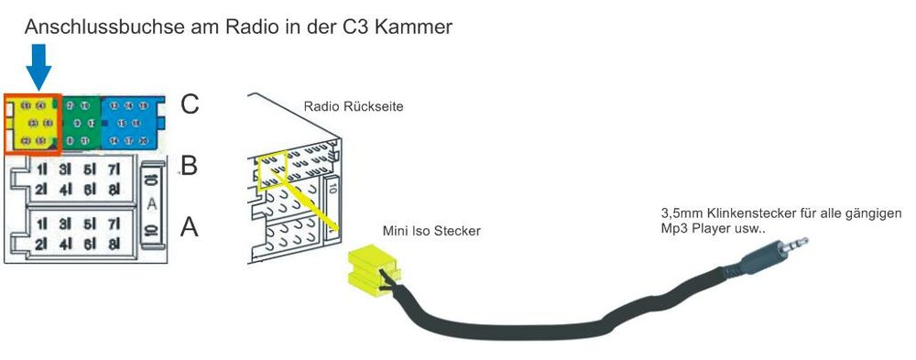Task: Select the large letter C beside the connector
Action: [x=190, y=104]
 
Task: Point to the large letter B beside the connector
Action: [x=190, y=166]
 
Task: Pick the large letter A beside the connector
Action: [x=190, y=226]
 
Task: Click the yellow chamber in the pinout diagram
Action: [x=33, y=123]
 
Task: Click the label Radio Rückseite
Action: [x=354, y=107]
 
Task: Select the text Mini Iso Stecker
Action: [x=431, y=231]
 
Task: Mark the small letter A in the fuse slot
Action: [x=151, y=202]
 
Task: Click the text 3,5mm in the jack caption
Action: [x=681, y=214]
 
